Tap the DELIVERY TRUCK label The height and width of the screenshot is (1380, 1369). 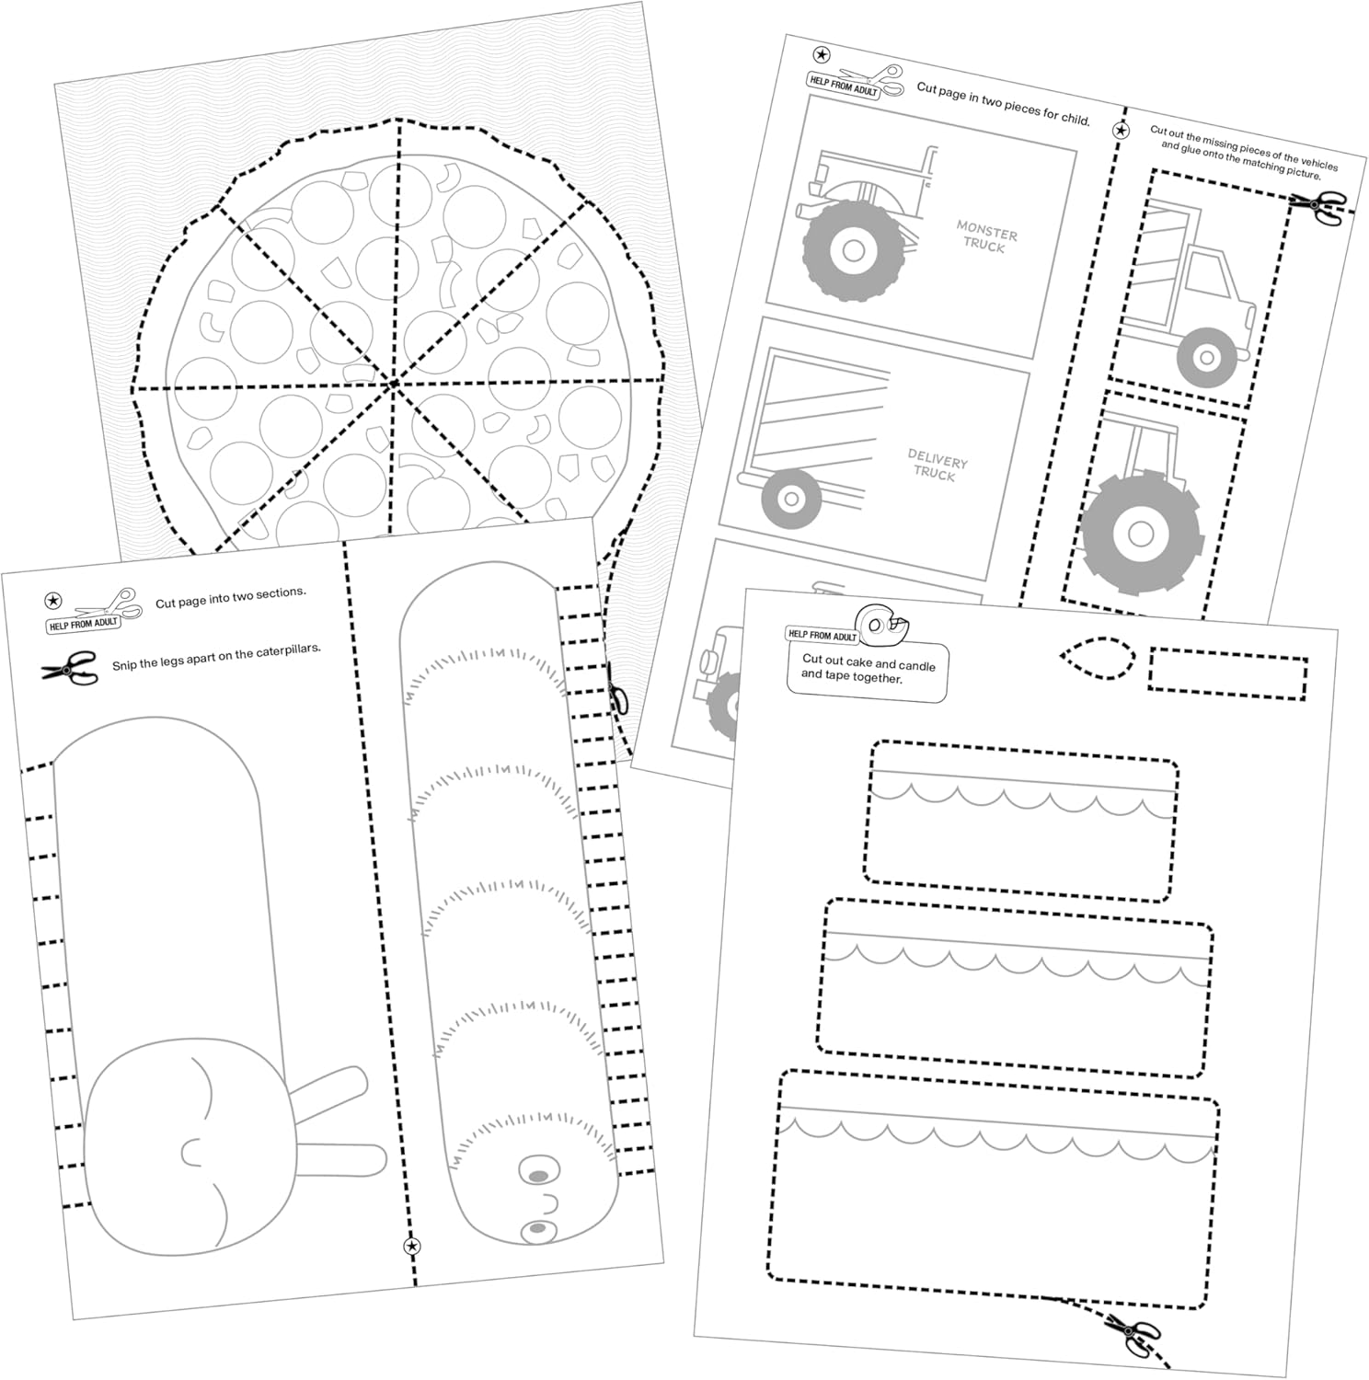click(x=936, y=465)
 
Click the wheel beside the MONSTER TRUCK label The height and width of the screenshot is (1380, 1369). click(x=852, y=250)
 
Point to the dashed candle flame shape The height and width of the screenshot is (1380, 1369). click(x=1098, y=657)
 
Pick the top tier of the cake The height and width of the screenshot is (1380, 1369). click(x=1020, y=821)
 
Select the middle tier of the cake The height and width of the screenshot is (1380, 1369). click(x=1015, y=989)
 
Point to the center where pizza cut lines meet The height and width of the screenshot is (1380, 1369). click(x=394, y=383)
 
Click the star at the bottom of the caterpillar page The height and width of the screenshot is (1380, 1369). click(x=412, y=1247)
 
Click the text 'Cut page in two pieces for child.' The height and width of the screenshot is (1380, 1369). click(x=1003, y=103)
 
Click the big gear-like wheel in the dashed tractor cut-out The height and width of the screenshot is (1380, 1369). click(x=1141, y=533)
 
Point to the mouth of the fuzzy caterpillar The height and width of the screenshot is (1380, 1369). click(x=552, y=1202)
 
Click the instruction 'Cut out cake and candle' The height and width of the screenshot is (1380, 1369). click(x=868, y=670)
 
